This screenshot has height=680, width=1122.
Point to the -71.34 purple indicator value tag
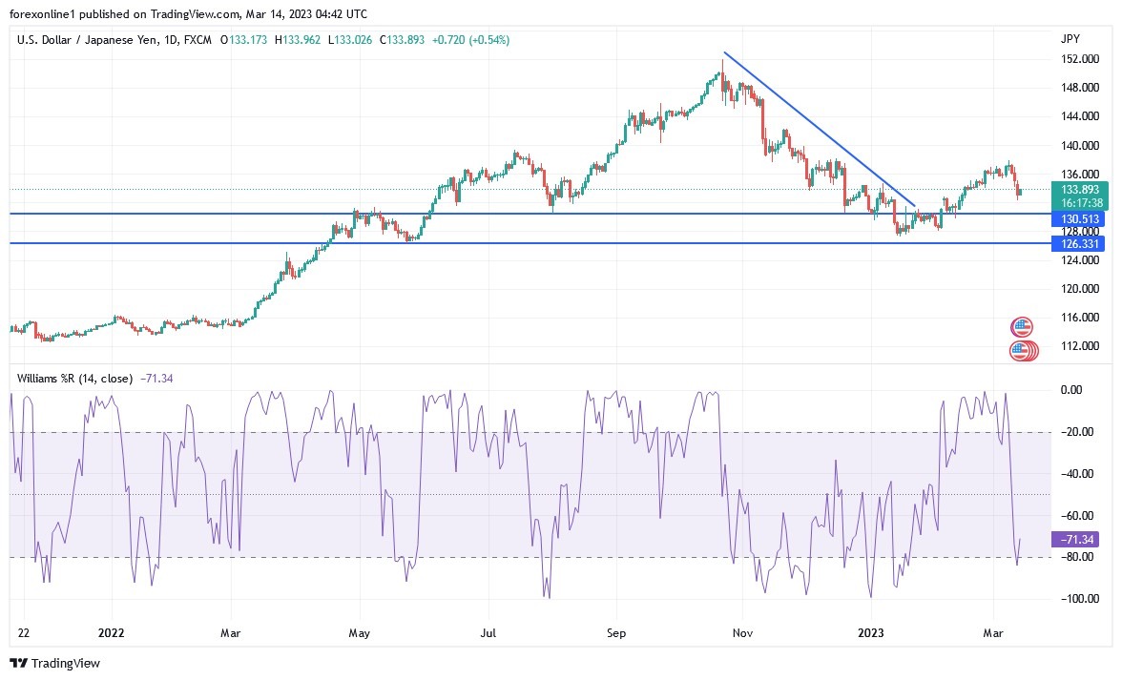click(1073, 540)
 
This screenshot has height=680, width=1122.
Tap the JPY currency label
click(1070, 39)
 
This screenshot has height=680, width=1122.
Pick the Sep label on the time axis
click(615, 631)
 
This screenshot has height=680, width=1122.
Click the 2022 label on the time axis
click(112, 631)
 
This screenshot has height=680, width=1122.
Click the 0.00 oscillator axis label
click(1071, 390)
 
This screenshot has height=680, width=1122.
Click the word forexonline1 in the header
click(47, 14)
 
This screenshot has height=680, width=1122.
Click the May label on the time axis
click(359, 631)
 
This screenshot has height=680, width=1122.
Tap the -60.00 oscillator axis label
click(1075, 515)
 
